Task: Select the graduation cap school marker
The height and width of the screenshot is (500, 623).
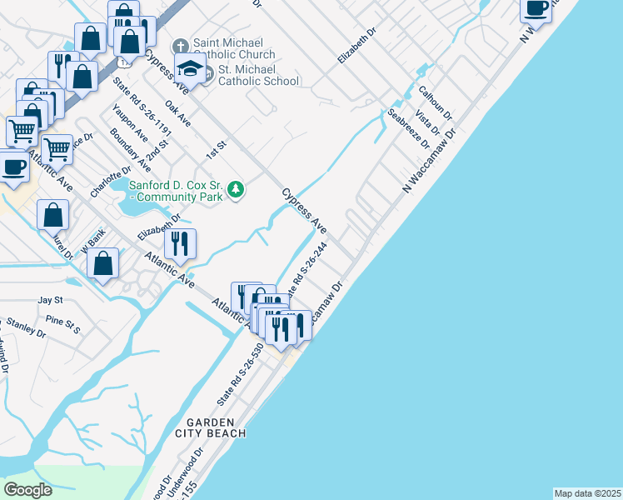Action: point(191,68)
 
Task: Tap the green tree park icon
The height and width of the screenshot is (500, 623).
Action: point(237,190)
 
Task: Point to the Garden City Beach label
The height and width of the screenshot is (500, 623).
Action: point(211,427)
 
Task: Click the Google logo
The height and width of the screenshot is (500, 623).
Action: point(28,489)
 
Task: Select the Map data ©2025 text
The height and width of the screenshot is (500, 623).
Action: point(587,493)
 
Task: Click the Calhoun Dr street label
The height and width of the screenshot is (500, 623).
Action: point(435,102)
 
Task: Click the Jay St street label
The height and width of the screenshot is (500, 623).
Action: point(50,299)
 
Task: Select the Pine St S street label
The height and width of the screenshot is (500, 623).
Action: point(63,323)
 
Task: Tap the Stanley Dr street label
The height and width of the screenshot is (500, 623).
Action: point(26,327)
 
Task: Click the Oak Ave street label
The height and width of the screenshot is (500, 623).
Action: point(178,113)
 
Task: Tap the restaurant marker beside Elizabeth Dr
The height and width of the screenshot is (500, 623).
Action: point(180,244)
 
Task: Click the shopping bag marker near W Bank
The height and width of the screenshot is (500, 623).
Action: point(103,265)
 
